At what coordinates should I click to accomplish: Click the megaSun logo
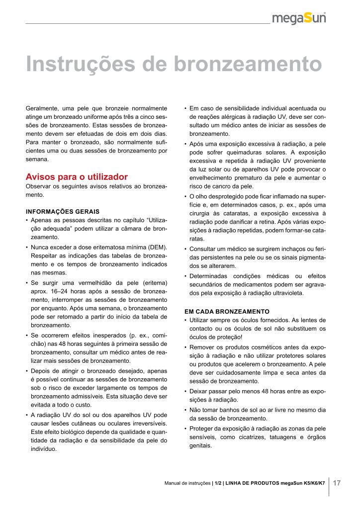point(300,19)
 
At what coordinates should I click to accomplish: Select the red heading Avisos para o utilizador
point(77,177)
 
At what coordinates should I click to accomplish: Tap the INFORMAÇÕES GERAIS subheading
point(63,211)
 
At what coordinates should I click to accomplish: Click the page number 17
point(337,483)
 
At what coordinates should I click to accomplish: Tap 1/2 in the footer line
point(217,483)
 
